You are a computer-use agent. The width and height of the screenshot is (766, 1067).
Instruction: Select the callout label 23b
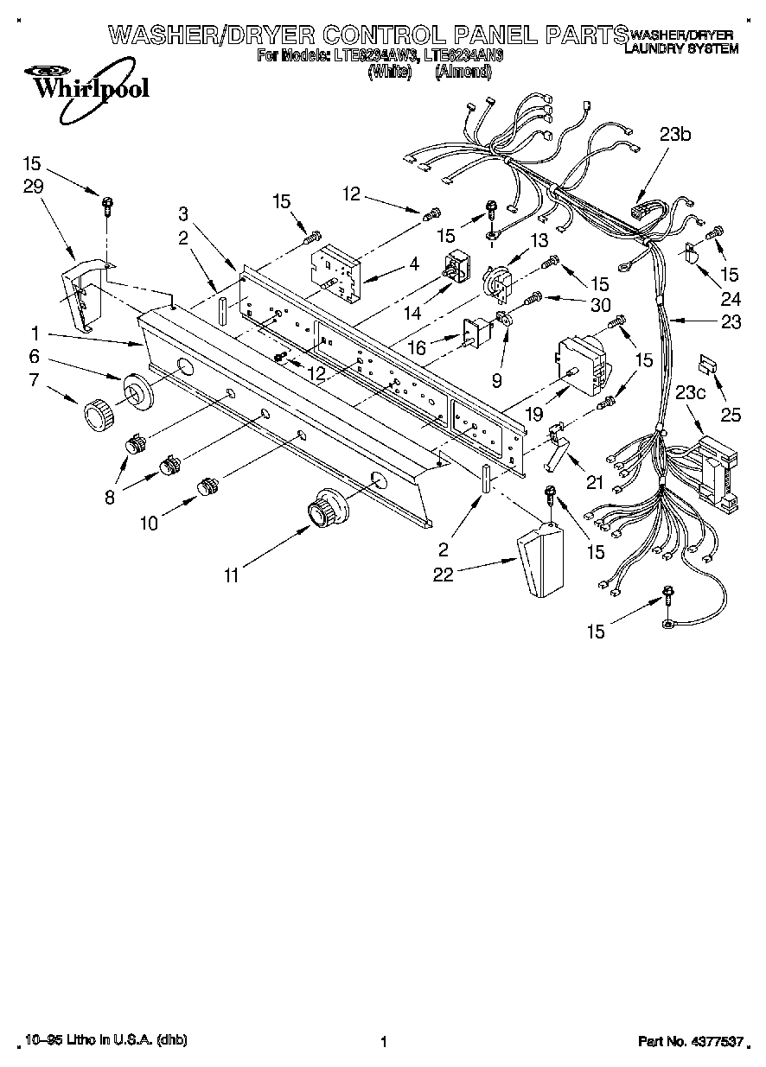[676, 134]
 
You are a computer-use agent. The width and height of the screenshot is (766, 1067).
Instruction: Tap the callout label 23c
[690, 391]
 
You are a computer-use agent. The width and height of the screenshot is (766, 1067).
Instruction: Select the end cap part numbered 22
[537, 562]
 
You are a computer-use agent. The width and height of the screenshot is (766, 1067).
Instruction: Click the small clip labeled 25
[707, 365]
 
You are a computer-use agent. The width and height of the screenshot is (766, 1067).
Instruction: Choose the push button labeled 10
[206, 486]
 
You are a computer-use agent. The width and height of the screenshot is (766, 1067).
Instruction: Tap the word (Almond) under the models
[463, 73]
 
